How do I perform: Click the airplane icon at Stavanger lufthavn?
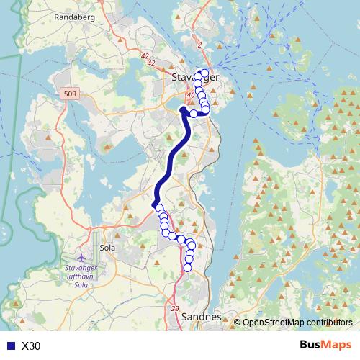coord(81,257)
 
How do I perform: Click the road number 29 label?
coord(175,307)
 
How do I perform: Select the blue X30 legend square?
coord(11,346)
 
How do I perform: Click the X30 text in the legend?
coord(32,346)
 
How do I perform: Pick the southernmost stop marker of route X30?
coord(188,268)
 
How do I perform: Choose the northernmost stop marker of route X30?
coord(204,72)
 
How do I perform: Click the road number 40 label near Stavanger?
coord(191,95)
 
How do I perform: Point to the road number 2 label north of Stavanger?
coord(199,45)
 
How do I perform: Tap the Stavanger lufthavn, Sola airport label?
coord(86,277)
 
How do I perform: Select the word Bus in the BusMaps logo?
coord(310,346)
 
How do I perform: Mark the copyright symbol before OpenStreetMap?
coord(238,322)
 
